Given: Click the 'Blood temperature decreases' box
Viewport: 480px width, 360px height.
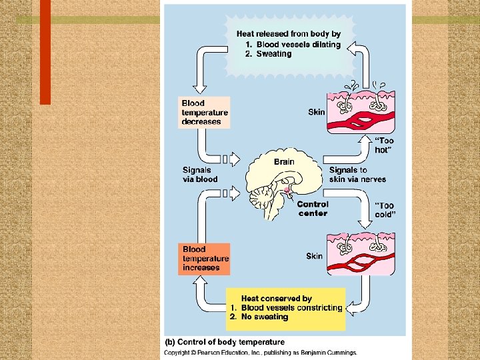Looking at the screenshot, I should tap(205, 113).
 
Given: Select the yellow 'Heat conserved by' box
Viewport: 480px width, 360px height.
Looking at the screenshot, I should tap(286, 308).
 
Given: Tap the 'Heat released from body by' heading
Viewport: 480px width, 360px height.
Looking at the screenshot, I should tap(288, 33).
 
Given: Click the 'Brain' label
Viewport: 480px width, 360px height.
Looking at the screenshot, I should tap(284, 161).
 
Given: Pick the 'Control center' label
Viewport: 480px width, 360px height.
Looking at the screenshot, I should tap(313, 209).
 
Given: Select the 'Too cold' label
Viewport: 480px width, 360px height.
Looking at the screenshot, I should tap(384, 211).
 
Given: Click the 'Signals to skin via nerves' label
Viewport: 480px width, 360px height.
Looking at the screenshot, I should tap(357, 175).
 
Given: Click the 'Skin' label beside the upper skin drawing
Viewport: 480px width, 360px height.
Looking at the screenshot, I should tap(316, 112).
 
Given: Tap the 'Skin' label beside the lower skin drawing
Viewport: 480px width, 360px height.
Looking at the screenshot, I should tap(314, 256).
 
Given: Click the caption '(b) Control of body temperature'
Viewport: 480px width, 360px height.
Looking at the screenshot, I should tap(225, 343).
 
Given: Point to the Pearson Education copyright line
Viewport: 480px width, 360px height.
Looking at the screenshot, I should tap(261, 352).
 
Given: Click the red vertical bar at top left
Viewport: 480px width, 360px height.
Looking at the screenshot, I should tap(45, 51).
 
